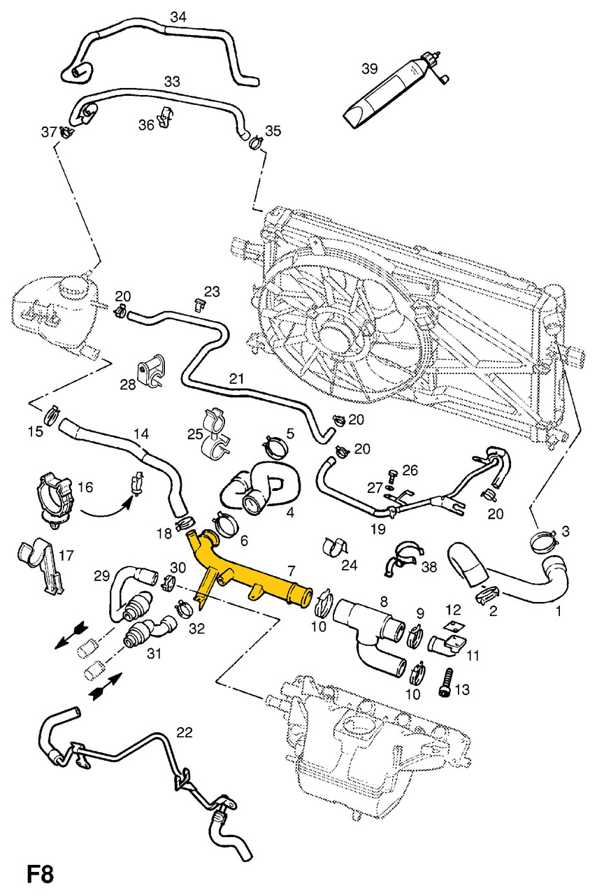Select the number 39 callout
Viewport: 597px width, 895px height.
370,69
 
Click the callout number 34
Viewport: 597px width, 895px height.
178,17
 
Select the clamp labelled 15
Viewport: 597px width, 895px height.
52,415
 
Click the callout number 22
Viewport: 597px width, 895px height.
184,732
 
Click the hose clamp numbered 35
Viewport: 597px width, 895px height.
256,143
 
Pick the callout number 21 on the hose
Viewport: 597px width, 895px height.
236,379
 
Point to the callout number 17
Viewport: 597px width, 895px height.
66,557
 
